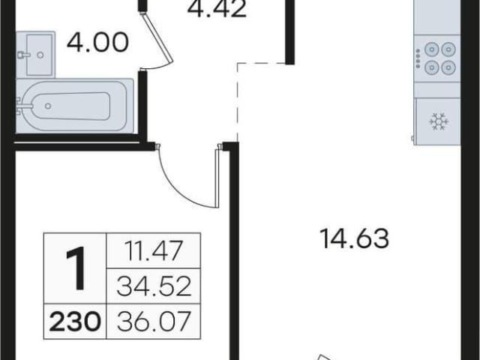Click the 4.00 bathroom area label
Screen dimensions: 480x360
click(97, 42)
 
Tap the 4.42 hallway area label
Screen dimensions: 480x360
click(217, 9)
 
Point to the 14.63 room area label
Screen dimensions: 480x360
click(354, 238)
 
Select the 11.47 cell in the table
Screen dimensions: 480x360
click(153, 250)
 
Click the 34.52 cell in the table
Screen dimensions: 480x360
click(153, 286)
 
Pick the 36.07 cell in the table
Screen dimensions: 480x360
click(153, 322)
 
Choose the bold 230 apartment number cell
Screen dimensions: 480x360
click(75, 322)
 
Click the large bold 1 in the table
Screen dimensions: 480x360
click(75, 268)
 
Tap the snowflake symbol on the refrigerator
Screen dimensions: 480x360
click(439, 121)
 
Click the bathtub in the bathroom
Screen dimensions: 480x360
click(75, 106)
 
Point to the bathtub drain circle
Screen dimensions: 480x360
click(48, 106)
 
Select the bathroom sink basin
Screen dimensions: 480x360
click(39, 55)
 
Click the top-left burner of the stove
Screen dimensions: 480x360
click(432, 49)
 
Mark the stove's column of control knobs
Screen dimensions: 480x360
click(418, 58)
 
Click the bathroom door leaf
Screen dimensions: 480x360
click(157, 35)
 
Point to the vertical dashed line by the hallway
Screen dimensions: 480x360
click(238, 102)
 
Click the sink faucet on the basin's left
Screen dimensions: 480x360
click(23, 55)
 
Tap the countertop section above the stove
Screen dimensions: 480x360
click(436, 17)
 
